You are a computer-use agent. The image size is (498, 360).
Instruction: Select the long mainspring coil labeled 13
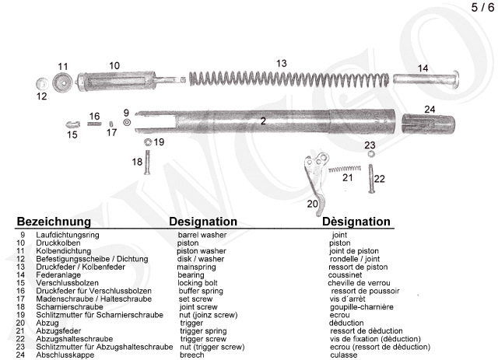coord(289,79)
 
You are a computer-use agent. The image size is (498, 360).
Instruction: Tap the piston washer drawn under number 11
coord(62,82)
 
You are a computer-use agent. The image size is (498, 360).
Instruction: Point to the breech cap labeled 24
coord(428,124)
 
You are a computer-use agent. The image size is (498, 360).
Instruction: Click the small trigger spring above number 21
coord(345,169)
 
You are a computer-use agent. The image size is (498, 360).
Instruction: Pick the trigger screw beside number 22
coord(371,178)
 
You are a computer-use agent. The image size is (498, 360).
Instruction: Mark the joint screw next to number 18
coord(147,162)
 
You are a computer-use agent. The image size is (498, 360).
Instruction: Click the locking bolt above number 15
coord(72,124)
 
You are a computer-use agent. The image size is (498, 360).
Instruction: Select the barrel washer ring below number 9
coord(127,122)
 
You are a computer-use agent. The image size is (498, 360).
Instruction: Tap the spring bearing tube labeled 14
coord(426,79)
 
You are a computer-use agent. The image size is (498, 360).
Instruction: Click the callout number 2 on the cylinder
coord(263,121)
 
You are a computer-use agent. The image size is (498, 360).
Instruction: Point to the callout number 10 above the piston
coord(114,66)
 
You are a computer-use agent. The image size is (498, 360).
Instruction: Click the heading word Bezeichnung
coord(54,222)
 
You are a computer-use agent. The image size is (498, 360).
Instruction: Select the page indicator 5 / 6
coord(482,7)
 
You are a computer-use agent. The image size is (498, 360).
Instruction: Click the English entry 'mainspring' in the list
coord(196,267)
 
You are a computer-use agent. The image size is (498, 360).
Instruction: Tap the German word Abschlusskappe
coord(65,355)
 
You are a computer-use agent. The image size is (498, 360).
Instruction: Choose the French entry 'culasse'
coord(344,355)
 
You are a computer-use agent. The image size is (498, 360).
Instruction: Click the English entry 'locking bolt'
coord(198,283)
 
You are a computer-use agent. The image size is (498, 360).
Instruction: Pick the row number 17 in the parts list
coord(21,299)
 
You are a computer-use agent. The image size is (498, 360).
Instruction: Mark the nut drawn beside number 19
coord(148,142)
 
